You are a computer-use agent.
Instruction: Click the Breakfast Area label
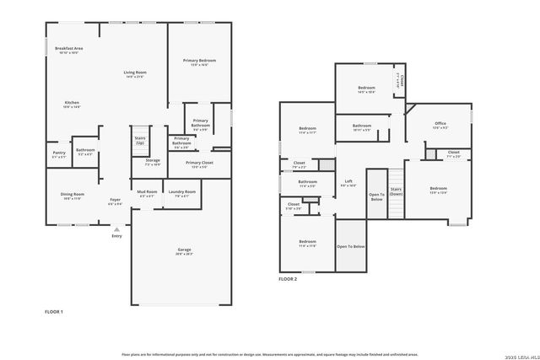[68, 49]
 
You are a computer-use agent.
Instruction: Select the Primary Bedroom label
[200, 61]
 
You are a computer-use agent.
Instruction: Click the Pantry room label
[59, 153]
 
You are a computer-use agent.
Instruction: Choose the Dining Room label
[72, 195]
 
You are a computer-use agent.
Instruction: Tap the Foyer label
[116, 200]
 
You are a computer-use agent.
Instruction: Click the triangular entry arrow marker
[116, 228]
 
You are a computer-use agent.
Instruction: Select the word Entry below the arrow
[116, 236]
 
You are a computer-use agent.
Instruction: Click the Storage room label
[152, 160]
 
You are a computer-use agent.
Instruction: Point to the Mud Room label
[146, 191]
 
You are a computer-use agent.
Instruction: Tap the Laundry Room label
[185, 191]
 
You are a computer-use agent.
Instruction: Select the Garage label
[184, 250]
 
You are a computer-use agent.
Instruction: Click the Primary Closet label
[200, 163]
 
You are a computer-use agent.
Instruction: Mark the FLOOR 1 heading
[54, 312]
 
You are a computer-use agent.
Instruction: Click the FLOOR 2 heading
[289, 278]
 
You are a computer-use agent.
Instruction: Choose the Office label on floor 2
[440, 124]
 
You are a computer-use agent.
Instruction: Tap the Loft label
[348, 181]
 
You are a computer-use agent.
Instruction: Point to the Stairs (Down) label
[397, 191]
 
